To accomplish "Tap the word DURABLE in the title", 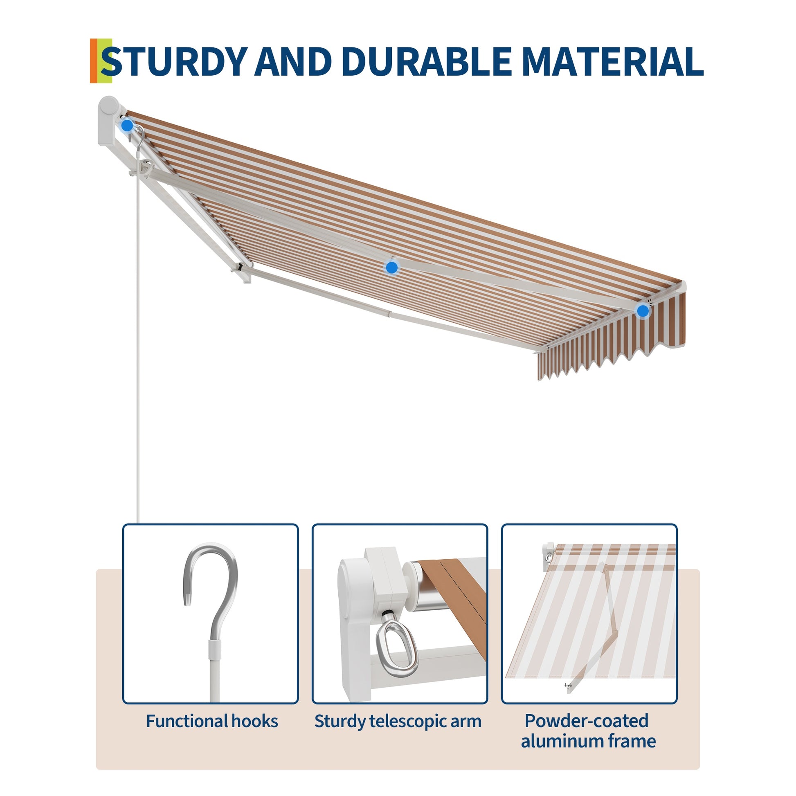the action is [x=426, y=61].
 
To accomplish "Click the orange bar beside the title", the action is [x=94, y=61].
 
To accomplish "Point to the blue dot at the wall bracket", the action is [x=127, y=126].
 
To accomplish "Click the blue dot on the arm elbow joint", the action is [x=391, y=268].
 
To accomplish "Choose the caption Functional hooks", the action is [x=212, y=722].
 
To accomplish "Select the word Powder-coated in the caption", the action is [x=587, y=721].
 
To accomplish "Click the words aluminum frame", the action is [x=588, y=741].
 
